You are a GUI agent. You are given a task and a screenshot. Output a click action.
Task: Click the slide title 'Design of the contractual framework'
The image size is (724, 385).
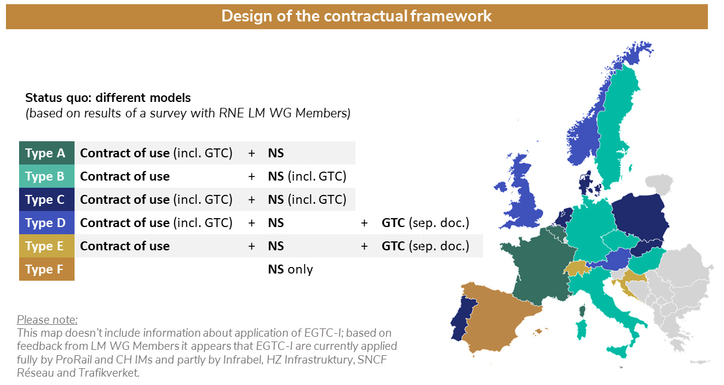[356, 16]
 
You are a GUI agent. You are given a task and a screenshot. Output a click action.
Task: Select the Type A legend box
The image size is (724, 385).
[47, 153]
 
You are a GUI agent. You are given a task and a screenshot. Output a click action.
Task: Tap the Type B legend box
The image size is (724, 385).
[47, 176]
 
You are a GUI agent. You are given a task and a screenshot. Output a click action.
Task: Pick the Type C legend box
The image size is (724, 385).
[47, 199]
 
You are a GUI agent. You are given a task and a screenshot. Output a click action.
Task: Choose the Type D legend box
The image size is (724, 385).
[47, 222]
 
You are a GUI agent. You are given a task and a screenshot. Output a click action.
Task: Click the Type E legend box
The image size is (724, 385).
[47, 246]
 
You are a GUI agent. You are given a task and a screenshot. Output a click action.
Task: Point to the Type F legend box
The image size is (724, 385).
[47, 269]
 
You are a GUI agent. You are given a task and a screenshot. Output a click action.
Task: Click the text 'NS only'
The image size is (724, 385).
[290, 269]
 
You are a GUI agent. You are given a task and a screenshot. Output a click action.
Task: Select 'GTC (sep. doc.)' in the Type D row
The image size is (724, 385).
[425, 223]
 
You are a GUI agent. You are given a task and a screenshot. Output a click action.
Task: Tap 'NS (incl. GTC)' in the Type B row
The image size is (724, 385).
[307, 176]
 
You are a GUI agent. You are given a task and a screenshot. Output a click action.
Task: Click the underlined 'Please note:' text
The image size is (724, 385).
[47, 319]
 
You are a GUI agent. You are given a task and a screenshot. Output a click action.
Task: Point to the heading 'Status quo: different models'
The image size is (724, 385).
[108, 98]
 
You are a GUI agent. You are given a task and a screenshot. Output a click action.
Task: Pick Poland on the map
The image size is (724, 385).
[639, 217]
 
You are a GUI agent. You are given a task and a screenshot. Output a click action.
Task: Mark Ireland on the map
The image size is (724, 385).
[501, 187]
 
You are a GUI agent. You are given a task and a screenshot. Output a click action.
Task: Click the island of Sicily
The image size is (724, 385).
[618, 351]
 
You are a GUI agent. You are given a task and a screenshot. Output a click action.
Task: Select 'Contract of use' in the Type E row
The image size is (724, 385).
[125, 246]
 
